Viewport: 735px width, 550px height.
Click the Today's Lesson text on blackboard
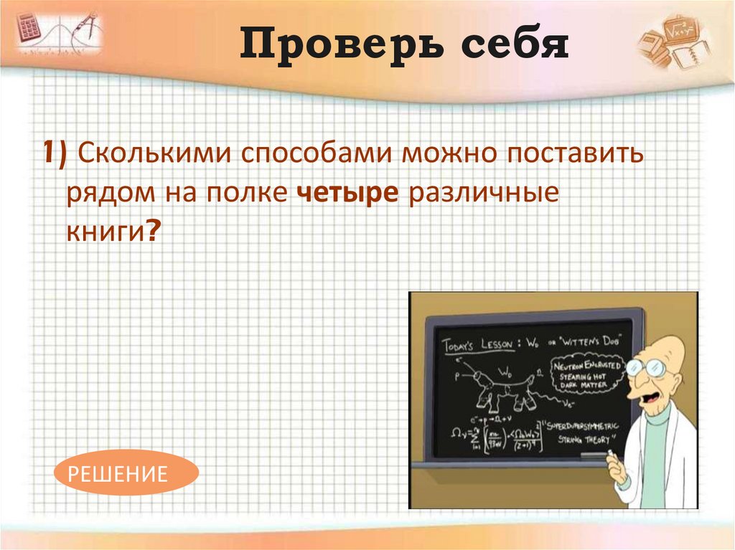[x=477, y=345]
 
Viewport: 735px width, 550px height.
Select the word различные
[x=484, y=194]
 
